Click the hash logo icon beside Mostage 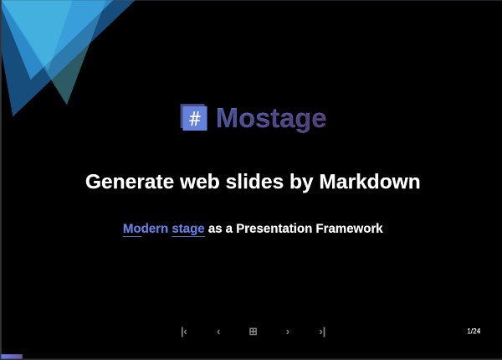193,117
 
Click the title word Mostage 271,118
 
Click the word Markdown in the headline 370,182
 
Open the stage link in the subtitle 188,229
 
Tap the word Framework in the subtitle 349,229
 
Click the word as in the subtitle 215,229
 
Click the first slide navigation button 184,332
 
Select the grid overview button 253,332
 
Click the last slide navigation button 322,332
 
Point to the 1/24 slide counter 474,332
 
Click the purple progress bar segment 12,357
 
